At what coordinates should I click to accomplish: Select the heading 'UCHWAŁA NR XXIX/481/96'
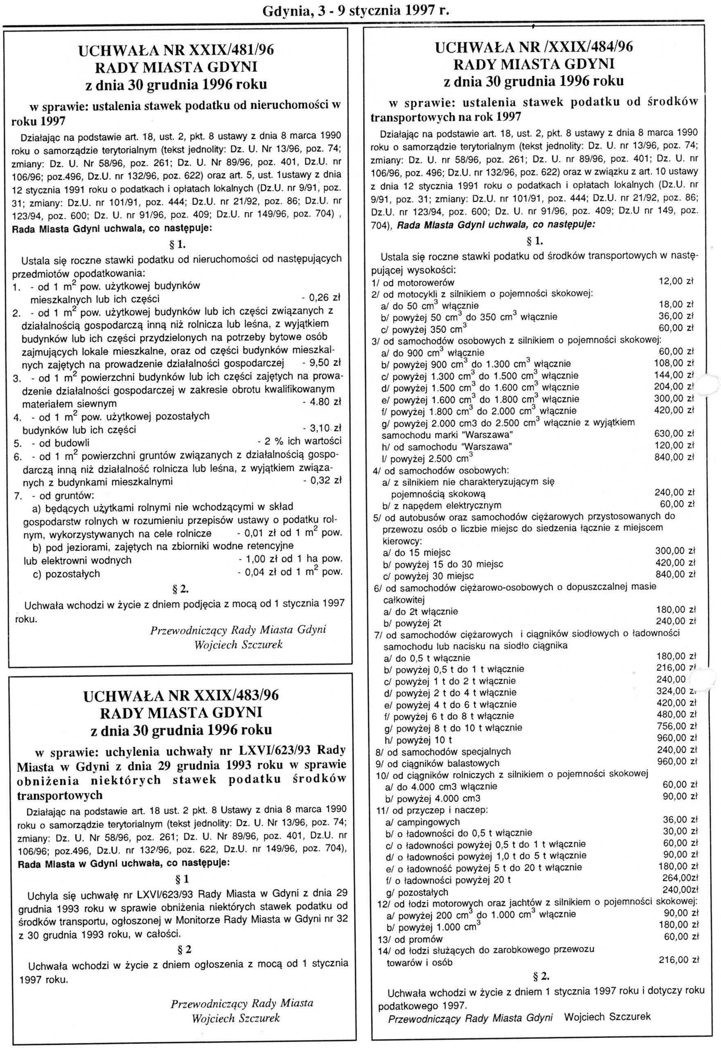pos(176,50)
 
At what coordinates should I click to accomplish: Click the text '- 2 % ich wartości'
pos(299,441)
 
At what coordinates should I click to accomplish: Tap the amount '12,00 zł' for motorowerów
pos(676,281)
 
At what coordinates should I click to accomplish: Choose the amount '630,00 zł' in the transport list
pos(674,434)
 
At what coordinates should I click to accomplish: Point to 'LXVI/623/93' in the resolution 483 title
pos(266,751)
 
